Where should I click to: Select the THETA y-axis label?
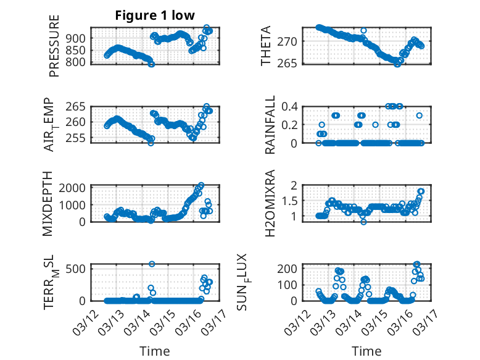[x=266, y=47]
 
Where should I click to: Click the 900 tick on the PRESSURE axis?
[x=78, y=38]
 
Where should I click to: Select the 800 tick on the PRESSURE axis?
[x=78, y=62]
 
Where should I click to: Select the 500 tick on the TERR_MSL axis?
[x=78, y=269]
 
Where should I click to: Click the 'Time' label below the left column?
[x=155, y=351]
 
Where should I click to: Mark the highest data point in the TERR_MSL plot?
[x=152, y=264]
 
